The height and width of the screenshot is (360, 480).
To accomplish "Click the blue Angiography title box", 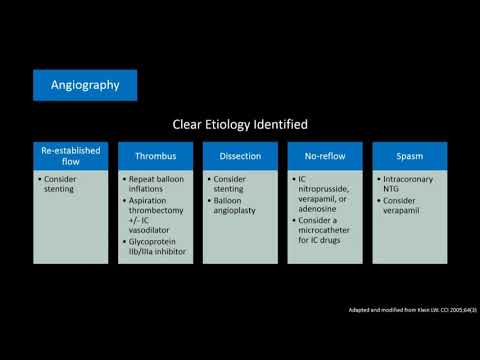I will coord(84,85).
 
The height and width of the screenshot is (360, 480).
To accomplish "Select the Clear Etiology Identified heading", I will coord(240,125).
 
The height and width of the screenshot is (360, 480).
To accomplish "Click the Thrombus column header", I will coord(155,156).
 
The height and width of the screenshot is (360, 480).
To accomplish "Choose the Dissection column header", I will coord(240,156).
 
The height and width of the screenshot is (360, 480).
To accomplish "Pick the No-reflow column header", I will coord(325,156).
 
